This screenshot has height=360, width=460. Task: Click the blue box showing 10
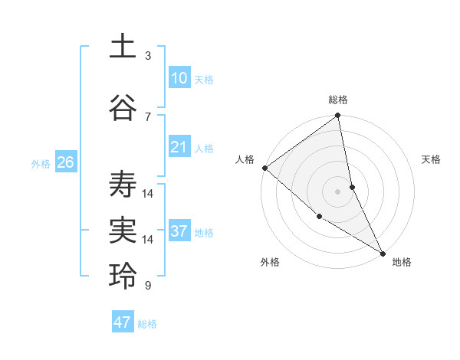pyautogui.click(x=179, y=78)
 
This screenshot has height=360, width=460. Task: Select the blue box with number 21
pyautogui.click(x=179, y=147)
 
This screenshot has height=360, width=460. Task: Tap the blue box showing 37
pyautogui.click(x=179, y=231)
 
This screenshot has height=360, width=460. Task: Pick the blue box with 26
pyautogui.click(x=65, y=162)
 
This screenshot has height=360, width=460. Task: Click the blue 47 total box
pyautogui.click(x=123, y=322)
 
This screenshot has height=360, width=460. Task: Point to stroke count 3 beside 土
pyautogui.click(x=148, y=56)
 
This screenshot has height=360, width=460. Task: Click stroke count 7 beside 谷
pyautogui.click(x=148, y=116)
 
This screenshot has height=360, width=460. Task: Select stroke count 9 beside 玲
pyautogui.click(x=148, y=286)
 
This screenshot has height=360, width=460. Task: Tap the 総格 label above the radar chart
pyautogui.click(x=338, y=100)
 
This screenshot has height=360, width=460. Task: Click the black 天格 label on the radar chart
pyautogui.click(x=431, y=159)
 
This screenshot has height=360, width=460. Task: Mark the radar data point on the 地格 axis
pyautogui.click(x=382, y=252)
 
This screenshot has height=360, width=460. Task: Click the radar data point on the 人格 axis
pyautogui.click(x=264, y=168)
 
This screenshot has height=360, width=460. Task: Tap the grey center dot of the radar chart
pyautogui.click(x=338, y=191)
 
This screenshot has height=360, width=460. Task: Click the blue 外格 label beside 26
pyautogui.click(x=41, y=163)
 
